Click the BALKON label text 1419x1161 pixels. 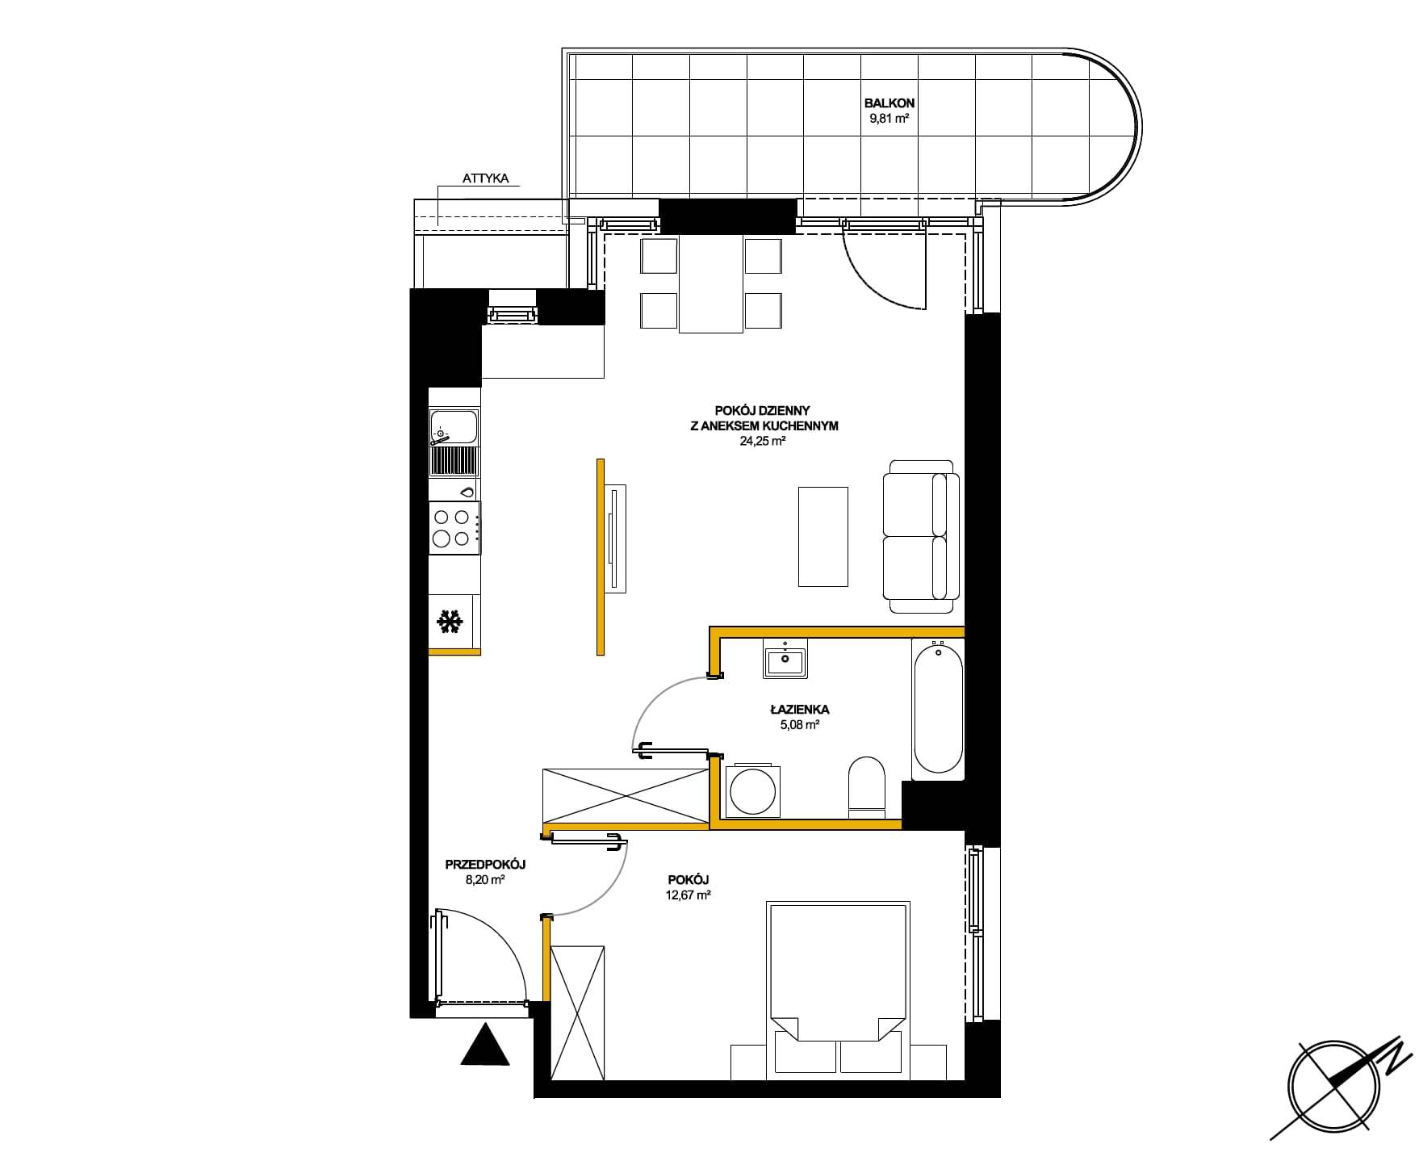coord(889,103)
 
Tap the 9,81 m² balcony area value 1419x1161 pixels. coord(889,119)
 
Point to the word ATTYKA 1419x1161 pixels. coord(486,178)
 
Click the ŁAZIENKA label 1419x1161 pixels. coord(799,710)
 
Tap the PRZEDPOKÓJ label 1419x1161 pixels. coord(486,865)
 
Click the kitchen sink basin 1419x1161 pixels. coord(454,427)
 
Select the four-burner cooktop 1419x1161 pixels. coord(454,528)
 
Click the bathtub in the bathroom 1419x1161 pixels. coord(937,710)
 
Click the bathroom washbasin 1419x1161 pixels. coord(785,658)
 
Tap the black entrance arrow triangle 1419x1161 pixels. coord(484,1045)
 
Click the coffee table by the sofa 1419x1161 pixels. coord(823,536)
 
